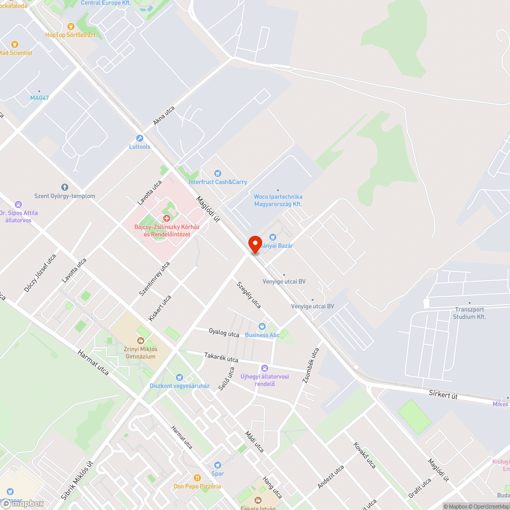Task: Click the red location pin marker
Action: point(254,244)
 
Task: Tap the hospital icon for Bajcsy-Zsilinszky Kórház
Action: point(166,218)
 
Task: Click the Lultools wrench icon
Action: point(140,138)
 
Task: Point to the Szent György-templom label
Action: point(64,196)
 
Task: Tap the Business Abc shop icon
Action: point(262,326)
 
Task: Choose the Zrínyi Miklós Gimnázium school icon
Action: point(140,340)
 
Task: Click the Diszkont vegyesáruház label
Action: point(179,386)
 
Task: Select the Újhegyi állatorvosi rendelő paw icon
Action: point(265,368)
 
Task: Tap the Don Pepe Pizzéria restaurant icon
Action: point(197,477)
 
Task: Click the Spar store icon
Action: point(218,465)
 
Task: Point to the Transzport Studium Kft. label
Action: point(469,313)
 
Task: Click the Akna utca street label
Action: point(164,116)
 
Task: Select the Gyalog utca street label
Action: point(224,333)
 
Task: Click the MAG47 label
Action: point(39,97)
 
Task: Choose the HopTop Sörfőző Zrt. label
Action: point(70,35)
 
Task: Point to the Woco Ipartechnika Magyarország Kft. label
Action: point(278,200)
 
